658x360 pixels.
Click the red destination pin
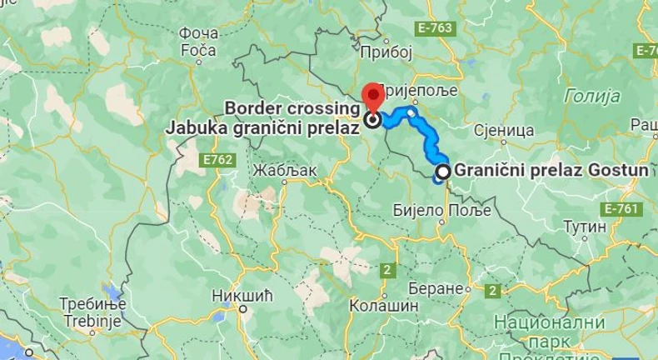point(371,95)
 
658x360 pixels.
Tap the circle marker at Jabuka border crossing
point(371,119)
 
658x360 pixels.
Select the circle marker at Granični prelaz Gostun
point(443,172)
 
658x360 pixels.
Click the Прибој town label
point(387,52)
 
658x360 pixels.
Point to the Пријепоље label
point(418,89)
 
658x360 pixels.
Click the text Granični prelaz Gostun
point(551,171)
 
